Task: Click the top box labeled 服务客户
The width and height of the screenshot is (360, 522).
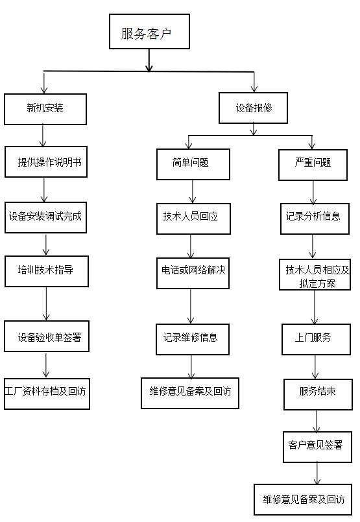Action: click(150, 32)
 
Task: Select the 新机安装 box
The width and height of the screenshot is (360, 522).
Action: click(45, 109)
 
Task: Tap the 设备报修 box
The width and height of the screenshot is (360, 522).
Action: click(253, 108)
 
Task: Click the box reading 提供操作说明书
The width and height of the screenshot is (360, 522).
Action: click(46, 162)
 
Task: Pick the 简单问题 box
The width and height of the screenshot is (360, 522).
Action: click(193, 165)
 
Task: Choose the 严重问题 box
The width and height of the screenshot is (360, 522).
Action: click(313, 165)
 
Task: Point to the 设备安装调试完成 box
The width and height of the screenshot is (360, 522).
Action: click(45, 217)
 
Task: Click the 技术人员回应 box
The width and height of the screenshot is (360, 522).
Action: click(193, 219)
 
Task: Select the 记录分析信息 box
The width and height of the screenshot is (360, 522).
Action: click(315, 219)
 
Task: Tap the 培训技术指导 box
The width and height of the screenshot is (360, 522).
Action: click(47, 271)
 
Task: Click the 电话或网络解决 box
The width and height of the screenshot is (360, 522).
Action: click(193, 273)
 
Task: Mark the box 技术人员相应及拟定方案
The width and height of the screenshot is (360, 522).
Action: click(315, 275)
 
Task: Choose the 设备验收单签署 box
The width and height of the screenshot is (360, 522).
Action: click(47, 337)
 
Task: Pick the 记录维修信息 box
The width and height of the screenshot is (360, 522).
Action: click(193, 339)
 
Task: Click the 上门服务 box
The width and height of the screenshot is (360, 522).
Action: click(316, 339)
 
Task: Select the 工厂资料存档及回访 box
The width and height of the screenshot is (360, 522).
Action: click(47, 394)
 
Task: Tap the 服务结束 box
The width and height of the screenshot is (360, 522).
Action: click(318, 394)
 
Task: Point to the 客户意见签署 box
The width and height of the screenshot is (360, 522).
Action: click(317, 447)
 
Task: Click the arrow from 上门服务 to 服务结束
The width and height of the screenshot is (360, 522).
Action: click(315, 367)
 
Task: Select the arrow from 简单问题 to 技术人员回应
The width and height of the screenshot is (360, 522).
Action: click(193, 192)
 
